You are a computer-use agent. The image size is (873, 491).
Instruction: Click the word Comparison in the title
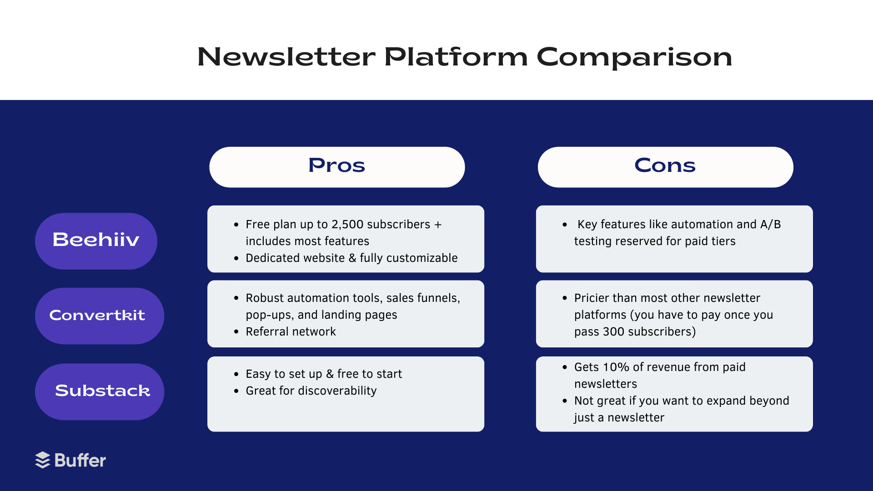coord(634,57)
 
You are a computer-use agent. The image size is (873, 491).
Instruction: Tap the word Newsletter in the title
coord(286,57)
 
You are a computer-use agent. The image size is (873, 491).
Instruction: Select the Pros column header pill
coord(337,167)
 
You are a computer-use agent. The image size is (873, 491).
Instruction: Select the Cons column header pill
coord(665,167)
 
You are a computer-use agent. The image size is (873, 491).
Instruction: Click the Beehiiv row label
coord(96,240)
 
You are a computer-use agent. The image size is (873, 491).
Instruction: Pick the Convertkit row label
coord(99,316)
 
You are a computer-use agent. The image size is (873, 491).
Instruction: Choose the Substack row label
coord(99,391)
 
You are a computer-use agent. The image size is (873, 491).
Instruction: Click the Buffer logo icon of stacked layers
coord(43,460)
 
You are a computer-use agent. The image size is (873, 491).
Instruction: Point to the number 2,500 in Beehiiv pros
coord(347,225)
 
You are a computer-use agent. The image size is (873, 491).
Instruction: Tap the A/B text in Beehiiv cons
coord(770,225)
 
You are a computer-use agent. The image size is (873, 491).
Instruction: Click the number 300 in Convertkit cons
coord(613,332)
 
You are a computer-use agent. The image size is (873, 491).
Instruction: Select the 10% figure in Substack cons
coord(616,367)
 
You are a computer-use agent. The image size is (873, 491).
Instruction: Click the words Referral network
coord(291,332)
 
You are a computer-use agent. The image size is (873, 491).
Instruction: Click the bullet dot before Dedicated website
coord(236,258)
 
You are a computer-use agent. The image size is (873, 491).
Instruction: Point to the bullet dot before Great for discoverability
coord(236,391)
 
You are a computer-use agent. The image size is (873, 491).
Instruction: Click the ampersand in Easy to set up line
coord(330,374)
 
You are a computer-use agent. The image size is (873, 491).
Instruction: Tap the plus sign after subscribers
coord(438,225)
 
